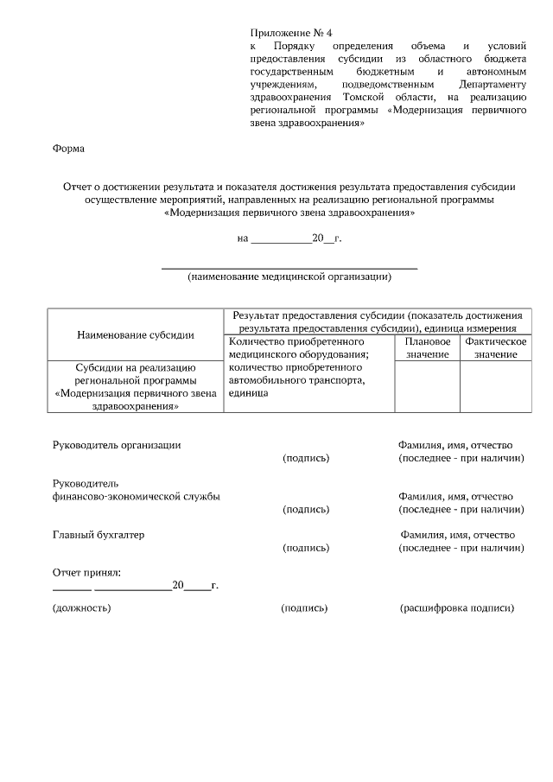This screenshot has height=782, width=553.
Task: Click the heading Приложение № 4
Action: tap(290, 32)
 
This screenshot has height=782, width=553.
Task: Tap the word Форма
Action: tap(69, 149)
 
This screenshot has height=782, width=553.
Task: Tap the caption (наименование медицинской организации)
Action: tap(289, 277)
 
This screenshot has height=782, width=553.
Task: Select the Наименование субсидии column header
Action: tap(135, 334)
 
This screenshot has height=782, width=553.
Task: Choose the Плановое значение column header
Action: tap(427, 347)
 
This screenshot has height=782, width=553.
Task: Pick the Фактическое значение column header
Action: tap(496, 347)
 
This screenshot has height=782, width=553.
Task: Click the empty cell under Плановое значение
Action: tap(427, 386)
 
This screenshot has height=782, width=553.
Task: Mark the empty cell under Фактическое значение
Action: tap(496, 386)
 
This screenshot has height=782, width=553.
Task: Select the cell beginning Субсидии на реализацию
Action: tap(135, 385)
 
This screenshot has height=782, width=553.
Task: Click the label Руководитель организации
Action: tap(117, 445)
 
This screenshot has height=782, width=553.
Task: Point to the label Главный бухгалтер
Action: tap(99, 535)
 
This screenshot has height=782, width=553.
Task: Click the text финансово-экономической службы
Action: tap(137, 496)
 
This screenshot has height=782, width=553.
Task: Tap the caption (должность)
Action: tap(82, 608)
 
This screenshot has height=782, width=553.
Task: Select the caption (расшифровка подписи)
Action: tap(457, 608)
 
